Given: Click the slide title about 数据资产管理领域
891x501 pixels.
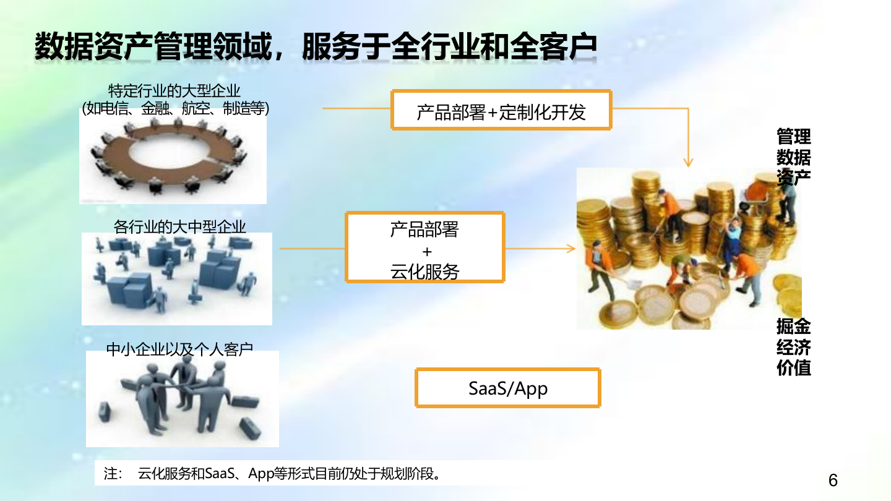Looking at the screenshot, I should coord(316,46).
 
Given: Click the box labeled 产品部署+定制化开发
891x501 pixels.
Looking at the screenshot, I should coord(501,110).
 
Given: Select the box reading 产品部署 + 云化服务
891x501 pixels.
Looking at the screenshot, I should coord(424,247).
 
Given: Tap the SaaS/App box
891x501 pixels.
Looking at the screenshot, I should coord(508,388).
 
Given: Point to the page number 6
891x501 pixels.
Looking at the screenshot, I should coord(833,481).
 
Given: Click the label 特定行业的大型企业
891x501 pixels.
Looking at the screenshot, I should coord(174,91).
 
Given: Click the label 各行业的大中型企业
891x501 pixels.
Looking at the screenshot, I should coord(180,226).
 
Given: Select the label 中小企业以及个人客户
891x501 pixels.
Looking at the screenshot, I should coord(180,349).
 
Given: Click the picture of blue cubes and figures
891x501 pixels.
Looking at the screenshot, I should coord(176,280).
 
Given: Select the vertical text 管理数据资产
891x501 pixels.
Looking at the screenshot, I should coord(793,156).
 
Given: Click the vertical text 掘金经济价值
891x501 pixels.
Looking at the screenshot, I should coord(793,346).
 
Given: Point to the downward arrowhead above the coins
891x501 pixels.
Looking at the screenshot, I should coord(688,163).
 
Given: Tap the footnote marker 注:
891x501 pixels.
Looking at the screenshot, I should coord(113,474).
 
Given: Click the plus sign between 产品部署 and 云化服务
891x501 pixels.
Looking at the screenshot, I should coord(427,252).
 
